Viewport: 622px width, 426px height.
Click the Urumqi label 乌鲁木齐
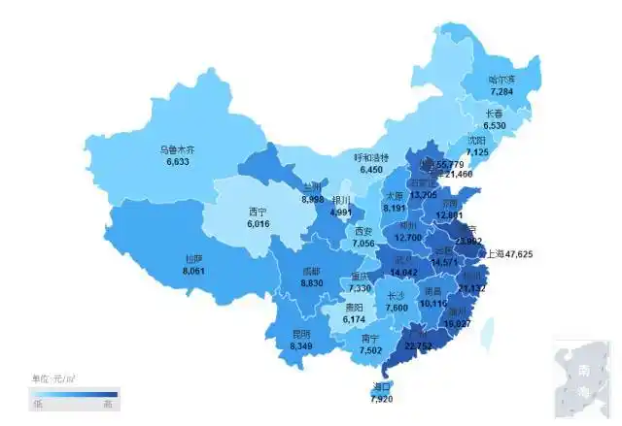178,150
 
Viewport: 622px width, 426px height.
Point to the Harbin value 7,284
501,91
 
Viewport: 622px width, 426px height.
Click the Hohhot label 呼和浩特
370,157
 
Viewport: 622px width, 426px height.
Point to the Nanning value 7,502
370,351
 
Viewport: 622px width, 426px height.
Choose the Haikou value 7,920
381,399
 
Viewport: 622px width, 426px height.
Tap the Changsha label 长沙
396,296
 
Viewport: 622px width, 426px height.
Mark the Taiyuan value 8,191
394,208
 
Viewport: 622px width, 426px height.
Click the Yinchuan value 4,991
341,212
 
